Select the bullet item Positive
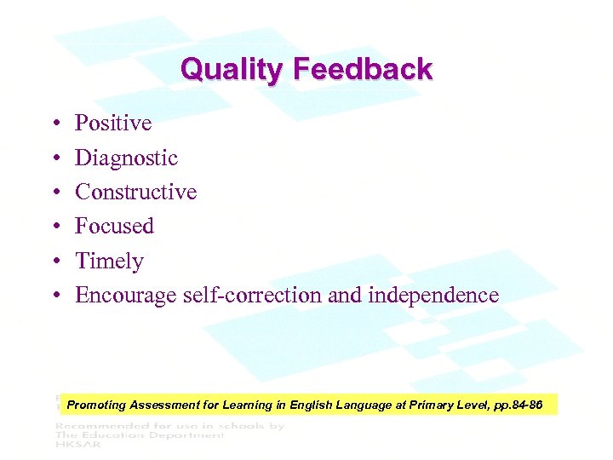(x=113, y=124)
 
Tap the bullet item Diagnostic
(x=126, y=158)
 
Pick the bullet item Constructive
(x=135, y=192)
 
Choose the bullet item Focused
(x=114, y=226)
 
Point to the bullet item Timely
(x=109, y=261)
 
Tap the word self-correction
(x=252, y=296)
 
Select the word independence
(x=433, y=296)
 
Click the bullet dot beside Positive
(x=54, y=124)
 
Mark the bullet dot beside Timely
(x=54, y=262)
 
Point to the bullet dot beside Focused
(x=54, y=227)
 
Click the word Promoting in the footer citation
(x=96, y=405)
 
